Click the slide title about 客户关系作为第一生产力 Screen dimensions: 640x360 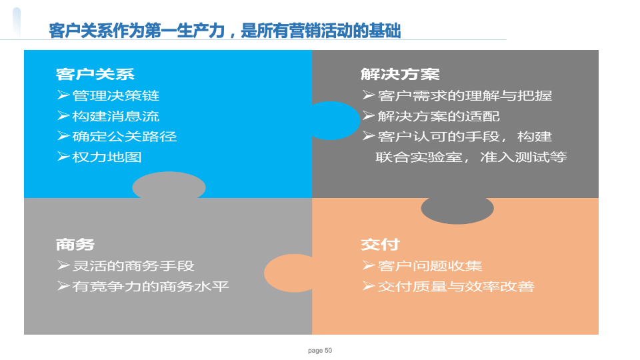tap(225, 31)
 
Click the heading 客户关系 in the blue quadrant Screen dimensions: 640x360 tap(95, 74)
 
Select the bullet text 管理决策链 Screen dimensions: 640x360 tap(115, 95)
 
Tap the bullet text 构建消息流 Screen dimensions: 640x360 tap(115, 116)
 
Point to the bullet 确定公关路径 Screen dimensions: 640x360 tap(125, 137)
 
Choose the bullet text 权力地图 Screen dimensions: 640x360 tap(107, 157)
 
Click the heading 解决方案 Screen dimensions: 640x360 tap(400, 74)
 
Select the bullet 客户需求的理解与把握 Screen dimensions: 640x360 tap(465, 95)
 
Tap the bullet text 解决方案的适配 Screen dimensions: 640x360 tap(439, 116)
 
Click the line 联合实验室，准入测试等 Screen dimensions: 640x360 tap(471, 157)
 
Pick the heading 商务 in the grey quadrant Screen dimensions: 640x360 tap(75, 245)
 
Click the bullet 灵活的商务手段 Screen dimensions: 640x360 tap(133, 266)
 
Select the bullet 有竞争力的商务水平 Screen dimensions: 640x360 tap(150, 287)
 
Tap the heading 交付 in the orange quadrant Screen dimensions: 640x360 tap(380, 245)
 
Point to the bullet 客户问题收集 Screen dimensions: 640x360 tap(430, 266)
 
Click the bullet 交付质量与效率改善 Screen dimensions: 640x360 tap(456, 287)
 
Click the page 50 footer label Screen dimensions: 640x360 tap(320, 351)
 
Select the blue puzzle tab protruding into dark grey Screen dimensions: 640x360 tap(335, 121)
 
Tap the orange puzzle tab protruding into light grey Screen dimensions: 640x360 tap(288, 273)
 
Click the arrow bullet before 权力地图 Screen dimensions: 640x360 tap(63, 157)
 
